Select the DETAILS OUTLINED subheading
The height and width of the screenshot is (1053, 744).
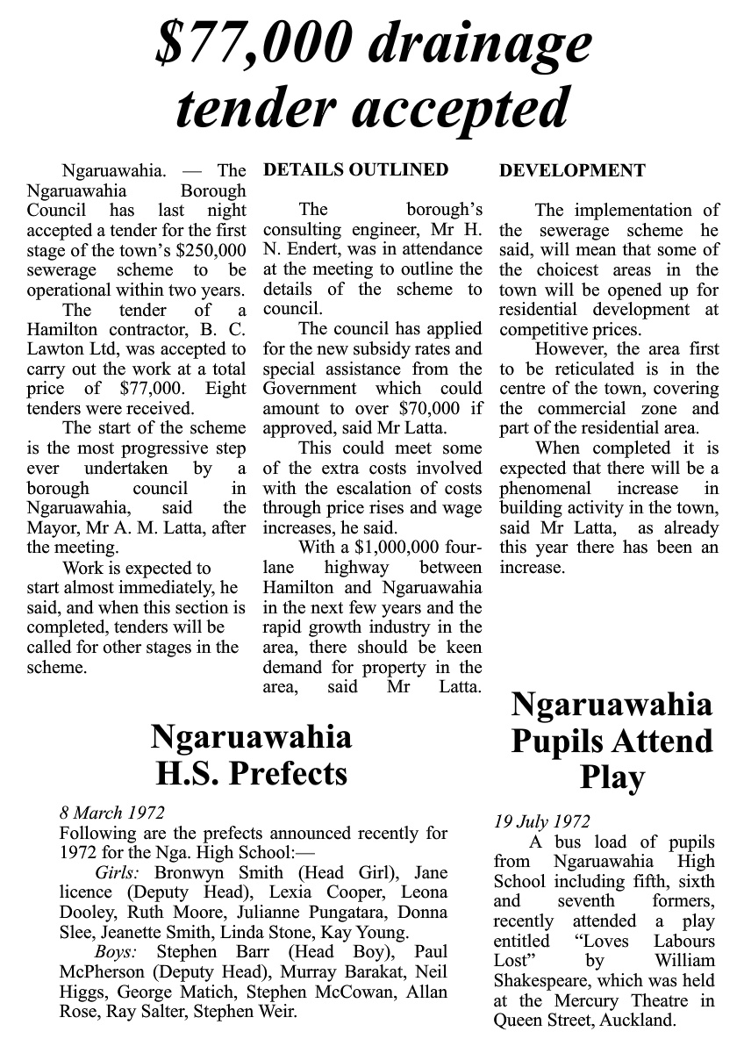click(x=355, y=170)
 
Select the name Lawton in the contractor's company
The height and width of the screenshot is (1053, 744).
click(x=55, y=349)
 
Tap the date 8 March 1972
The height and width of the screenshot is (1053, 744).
click(x=111, y=813)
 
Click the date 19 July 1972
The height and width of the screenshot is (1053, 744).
click(x=541, y=822)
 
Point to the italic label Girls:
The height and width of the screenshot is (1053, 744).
click(x=120, y=873)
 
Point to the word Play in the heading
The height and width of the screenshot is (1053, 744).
click(x=612, y=778)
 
